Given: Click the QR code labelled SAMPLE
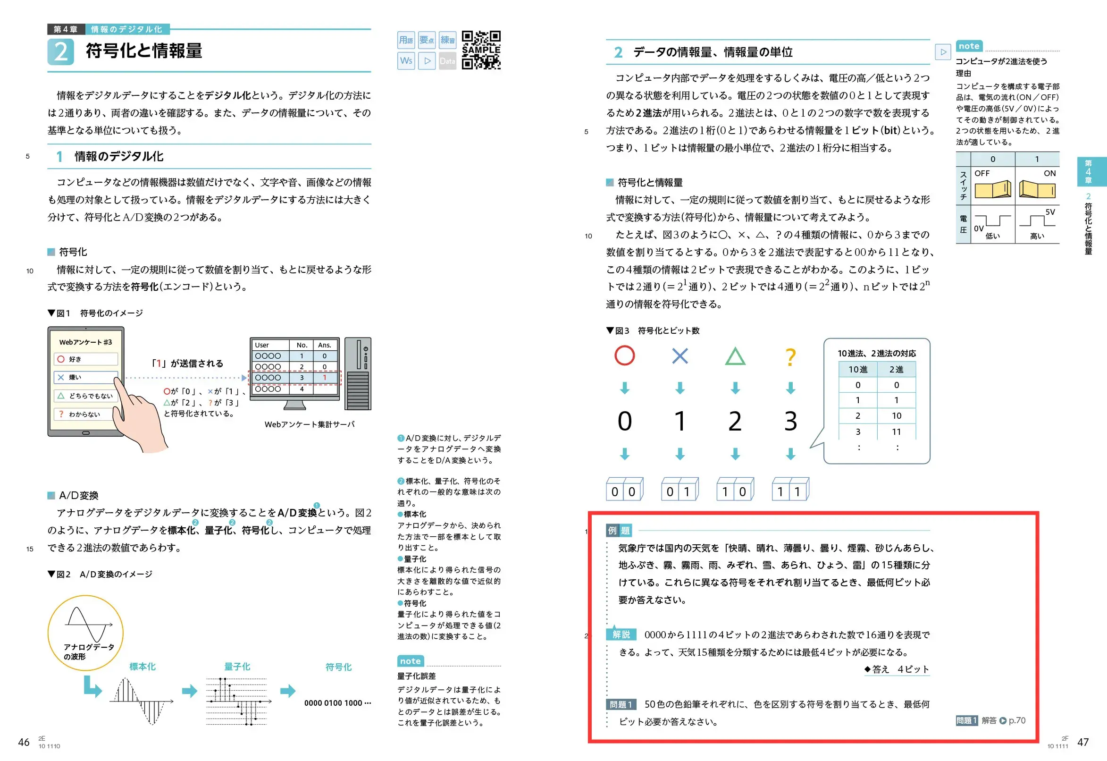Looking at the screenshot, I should click(481, 50).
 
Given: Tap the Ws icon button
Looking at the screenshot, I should click(406, 61).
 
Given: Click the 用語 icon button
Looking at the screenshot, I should click(406, 40).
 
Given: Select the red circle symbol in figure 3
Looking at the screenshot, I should click(624, 355).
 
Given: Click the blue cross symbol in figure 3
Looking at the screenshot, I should click(679, 355).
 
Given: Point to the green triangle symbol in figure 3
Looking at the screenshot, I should click(735, 356).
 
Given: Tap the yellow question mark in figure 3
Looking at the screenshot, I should click(790, 356).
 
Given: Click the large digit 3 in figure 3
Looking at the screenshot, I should click(790, 422).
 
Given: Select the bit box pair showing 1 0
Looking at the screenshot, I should click(734, 490).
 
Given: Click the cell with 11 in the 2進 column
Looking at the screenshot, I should click(896, 431).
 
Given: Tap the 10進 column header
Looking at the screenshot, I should click(858, 370).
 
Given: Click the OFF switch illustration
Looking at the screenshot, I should click(993, 189).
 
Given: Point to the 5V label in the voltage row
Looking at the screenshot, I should click(1050, 212).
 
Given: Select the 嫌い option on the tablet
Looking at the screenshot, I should click(86, 377).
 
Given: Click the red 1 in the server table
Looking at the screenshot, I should click(325, 378).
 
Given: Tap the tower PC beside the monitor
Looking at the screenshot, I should click(358, 374).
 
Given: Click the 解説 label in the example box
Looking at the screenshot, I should click(621, 634).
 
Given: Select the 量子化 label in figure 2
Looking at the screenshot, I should click(237, 667).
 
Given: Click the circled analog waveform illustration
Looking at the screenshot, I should click(86, 632).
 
